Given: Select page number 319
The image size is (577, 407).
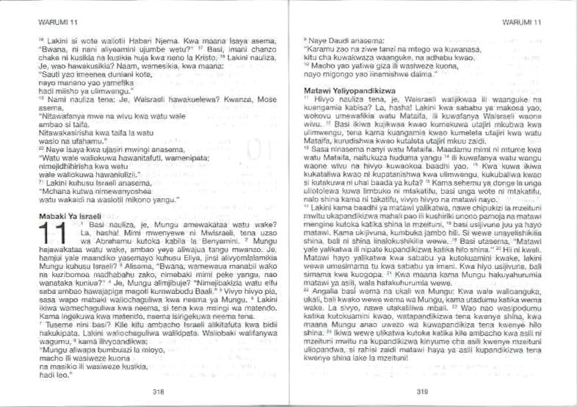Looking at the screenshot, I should point(422,390).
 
